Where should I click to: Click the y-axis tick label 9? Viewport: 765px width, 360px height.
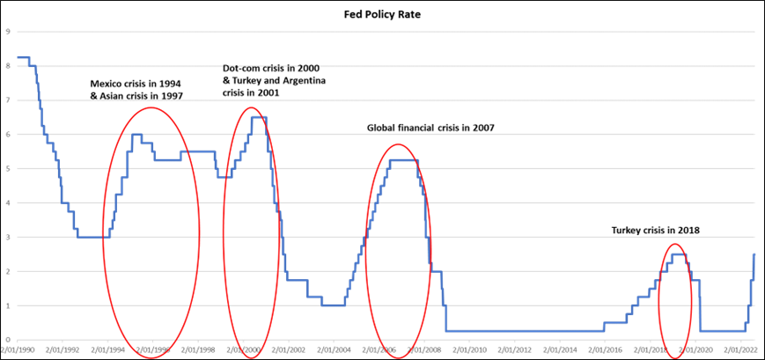click(7, 32)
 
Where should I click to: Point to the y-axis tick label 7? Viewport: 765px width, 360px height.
click(7, 100)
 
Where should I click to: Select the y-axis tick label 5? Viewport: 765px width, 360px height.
click(7, 168)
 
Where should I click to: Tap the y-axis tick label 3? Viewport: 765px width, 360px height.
click(7, 237)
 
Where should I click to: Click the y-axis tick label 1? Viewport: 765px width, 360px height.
click(7, 305)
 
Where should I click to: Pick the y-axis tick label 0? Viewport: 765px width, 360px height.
click(7, 340)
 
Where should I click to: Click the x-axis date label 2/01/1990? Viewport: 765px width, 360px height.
click(17, 349)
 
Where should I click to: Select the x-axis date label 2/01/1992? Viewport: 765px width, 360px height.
click(62, 349)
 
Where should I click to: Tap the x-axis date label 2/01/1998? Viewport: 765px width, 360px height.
click(197, 349)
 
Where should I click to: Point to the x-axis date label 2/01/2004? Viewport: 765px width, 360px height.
click(333, 349)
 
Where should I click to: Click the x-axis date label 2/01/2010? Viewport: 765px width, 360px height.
click(468, 349)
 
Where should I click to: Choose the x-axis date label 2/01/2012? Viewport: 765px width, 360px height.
click(514, 349)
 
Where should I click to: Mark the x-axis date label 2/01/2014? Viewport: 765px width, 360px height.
click(559, 349)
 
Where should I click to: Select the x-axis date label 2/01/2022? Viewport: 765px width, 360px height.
click(739, 349)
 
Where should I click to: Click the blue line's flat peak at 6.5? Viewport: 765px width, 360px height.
click(259, 117)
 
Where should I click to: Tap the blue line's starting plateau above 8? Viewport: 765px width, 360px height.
click(23, 57)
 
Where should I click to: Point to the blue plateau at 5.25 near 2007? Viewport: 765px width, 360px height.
click(403, 159)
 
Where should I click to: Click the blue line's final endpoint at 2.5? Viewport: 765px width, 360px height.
click(754, 254)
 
